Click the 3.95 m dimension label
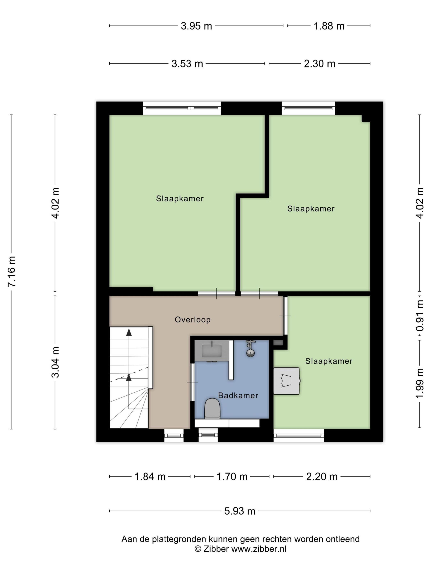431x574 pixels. click(x=196, y=26)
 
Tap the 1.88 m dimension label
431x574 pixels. click(x=329, y=26)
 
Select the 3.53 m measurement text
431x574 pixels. click(x=187, y=64)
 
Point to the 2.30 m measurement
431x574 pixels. click(x=320, y=64)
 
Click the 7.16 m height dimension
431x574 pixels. click(x=12, y=271)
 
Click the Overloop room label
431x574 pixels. click(x=193, y=320)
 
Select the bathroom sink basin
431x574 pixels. click(x=212, y=350)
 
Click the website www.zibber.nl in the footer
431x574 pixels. click(x=259, y=549)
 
